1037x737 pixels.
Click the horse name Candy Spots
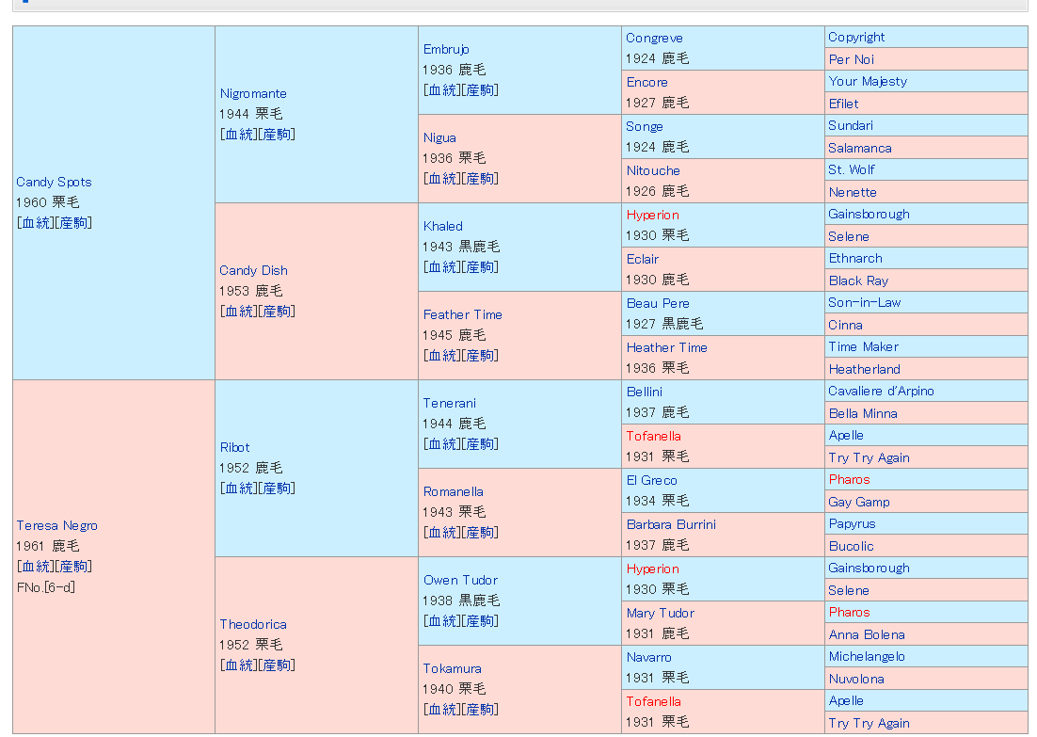point(54,182)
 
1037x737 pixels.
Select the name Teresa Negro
point(56,525)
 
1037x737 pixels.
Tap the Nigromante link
point(253,93)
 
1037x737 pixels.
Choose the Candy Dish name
point(253,270)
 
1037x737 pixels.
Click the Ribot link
point(234,447)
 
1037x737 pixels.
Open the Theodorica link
point(253,624)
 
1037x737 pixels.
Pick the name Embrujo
point(446,49)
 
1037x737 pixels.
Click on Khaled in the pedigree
point(442,226)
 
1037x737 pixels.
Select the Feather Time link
point(462,314)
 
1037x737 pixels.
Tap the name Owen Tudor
point(460,580)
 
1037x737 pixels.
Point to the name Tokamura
point(452,668)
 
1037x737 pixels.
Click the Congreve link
point(654,38)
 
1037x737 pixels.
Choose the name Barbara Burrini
point(671,524)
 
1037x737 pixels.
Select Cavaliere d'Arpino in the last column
point(881,391)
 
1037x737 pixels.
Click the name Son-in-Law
point(864,302)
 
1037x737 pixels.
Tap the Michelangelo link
point(866,656)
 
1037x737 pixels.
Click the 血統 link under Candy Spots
point(36,223)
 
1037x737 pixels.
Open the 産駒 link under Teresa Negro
point(73,567)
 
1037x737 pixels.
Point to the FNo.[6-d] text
point(45,587)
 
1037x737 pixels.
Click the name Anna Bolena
point(866,634)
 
